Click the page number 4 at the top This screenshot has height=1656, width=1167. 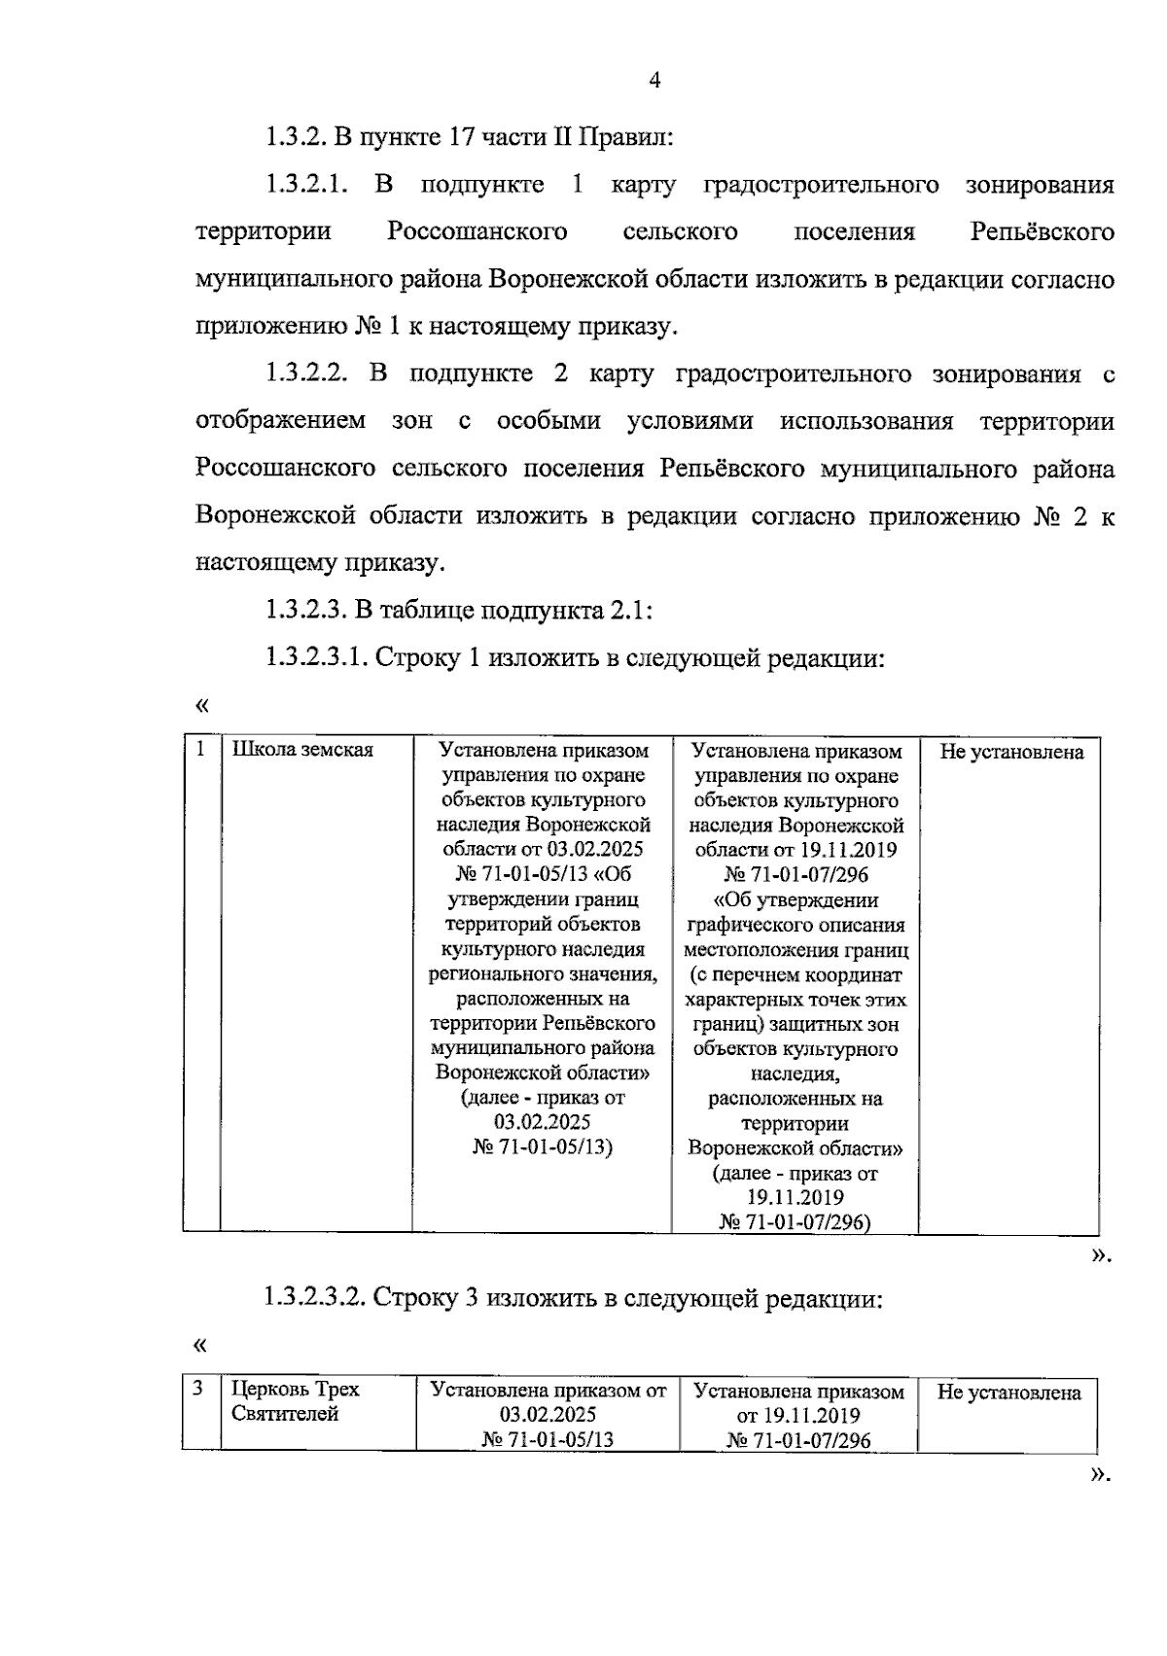coord(654,82)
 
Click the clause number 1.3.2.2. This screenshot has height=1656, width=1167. coord(303,374)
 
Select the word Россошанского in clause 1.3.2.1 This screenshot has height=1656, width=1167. coord(477,232)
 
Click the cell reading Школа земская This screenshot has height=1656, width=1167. coord(302,751)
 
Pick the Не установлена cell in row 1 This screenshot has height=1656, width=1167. coord(1011,752)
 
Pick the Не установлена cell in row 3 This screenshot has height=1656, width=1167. coord(1008,1392)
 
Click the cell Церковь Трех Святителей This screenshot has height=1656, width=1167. coord(296,1401)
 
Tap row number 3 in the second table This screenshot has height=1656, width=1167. coord(198,1389)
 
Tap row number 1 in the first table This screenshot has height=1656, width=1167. coord(200,749)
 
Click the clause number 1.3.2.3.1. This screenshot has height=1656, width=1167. coord(315,658)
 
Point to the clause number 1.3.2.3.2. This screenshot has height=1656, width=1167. coord(315,1297)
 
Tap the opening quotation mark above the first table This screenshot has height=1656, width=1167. coord(202,704)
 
